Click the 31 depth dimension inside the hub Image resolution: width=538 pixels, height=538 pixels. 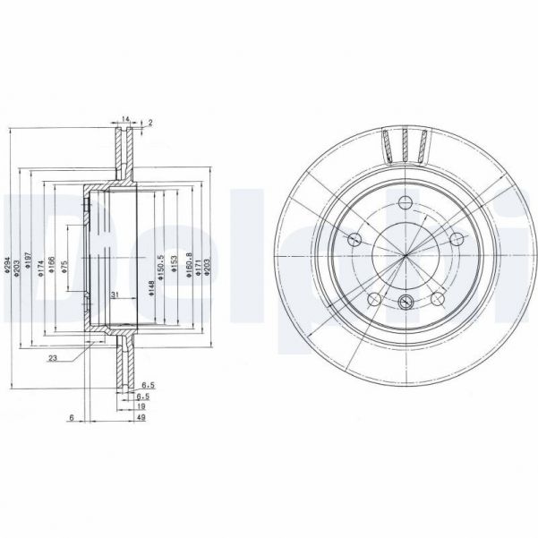coord(114,295)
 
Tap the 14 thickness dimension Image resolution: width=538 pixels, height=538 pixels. coord(126,118)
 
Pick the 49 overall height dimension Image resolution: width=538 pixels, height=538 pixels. coord(141,416)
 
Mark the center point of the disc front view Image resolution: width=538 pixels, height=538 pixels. coord(405,257)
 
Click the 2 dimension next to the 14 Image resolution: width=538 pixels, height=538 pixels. coord(149,123)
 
